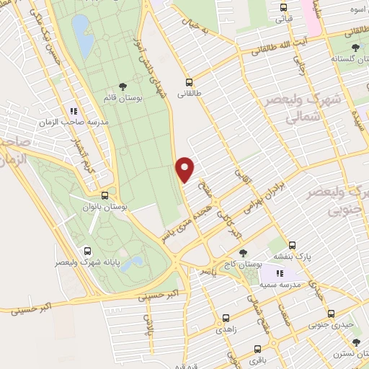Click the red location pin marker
186,169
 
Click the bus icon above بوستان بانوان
105,195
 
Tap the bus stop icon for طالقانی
189,82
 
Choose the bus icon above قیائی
283,9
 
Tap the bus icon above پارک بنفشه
292,244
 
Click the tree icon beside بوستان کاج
243,253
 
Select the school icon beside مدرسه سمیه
280,273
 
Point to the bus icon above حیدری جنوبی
331,313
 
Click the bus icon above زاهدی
226,316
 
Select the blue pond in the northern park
82,37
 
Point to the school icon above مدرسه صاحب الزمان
74,111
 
